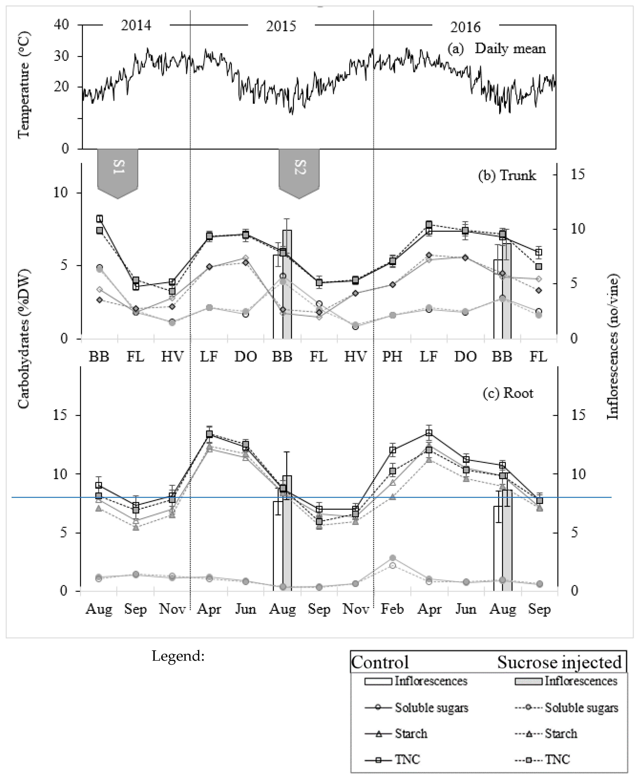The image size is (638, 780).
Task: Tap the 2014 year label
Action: (136, 26)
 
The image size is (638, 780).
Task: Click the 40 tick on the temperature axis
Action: (61, 25)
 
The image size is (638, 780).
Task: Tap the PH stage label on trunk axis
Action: (392, 356)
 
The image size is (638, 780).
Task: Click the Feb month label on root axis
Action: (392, 609)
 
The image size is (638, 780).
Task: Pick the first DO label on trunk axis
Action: (246, 356)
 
